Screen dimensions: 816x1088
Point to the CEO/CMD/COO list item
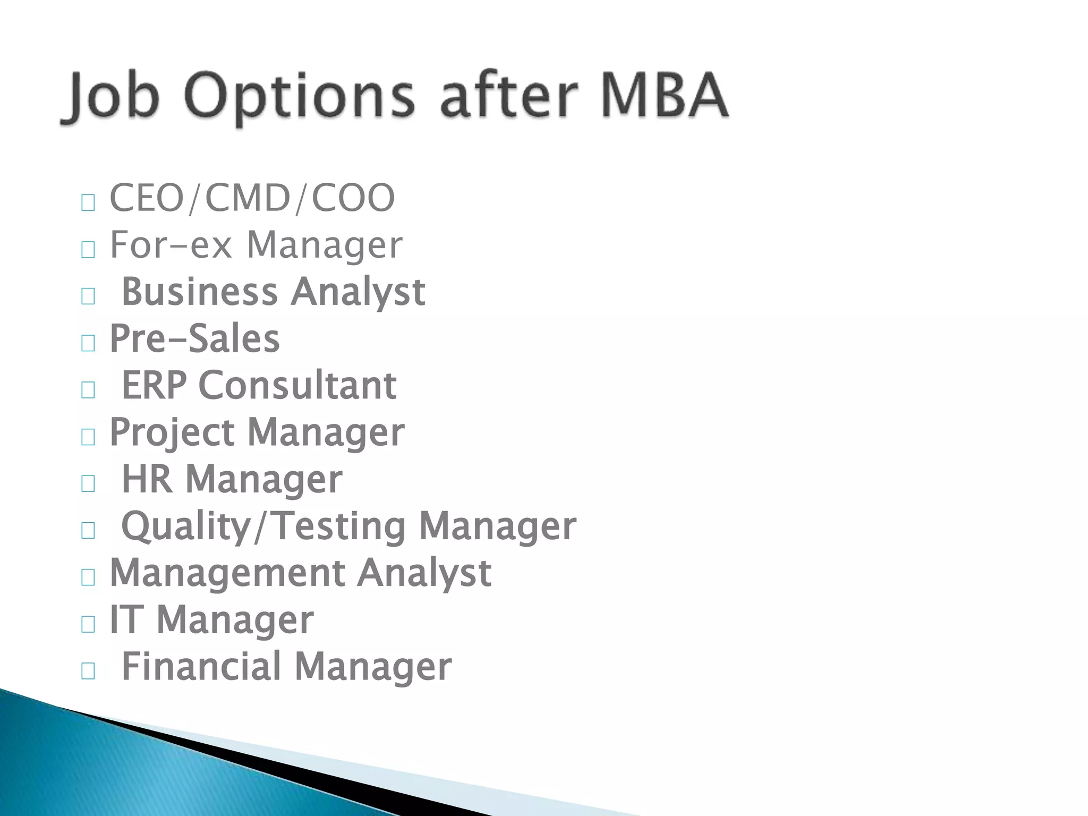252,198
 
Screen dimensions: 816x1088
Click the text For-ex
171,245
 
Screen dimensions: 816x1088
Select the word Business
200,292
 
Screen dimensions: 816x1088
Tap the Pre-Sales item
194,338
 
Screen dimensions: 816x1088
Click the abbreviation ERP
154,385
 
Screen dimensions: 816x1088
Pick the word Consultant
297,385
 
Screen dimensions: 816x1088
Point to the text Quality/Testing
263,526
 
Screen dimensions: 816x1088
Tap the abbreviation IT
126,619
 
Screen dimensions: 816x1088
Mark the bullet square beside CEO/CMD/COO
88,202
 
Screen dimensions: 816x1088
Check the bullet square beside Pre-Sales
88,343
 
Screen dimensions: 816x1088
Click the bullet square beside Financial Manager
88,671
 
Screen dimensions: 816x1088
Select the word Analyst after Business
358,293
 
